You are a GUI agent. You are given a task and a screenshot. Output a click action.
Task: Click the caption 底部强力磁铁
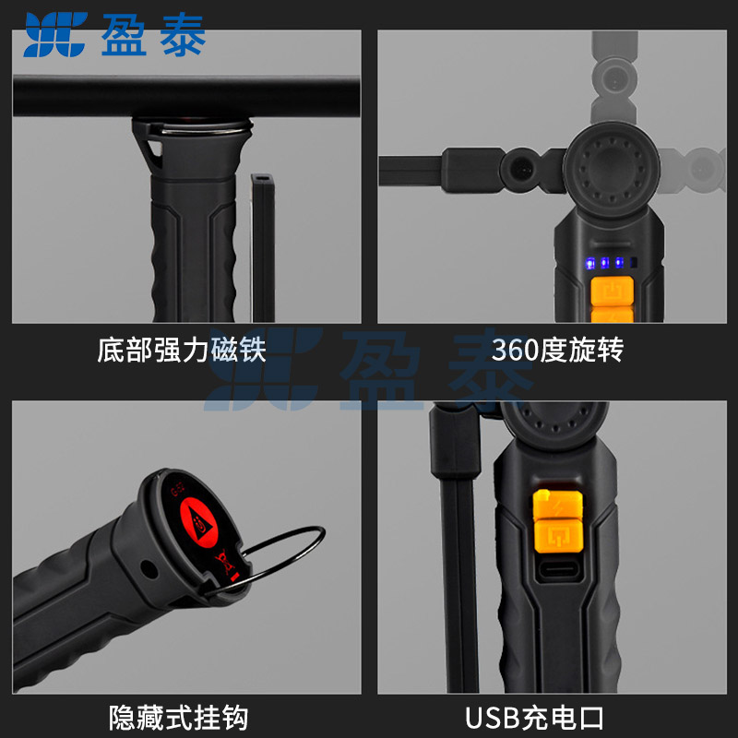(182, 350)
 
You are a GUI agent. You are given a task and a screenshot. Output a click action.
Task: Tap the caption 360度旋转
(557, 350)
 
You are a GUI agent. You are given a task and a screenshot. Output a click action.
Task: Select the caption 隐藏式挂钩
(178, 718)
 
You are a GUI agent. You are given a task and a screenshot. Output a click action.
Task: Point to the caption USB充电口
(534, 718)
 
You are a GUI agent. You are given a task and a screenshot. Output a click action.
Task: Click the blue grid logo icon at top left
(55, 34)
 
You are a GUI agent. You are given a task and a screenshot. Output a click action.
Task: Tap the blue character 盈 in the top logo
(124, 34)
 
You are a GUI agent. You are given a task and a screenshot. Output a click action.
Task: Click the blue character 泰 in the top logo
(183, 34)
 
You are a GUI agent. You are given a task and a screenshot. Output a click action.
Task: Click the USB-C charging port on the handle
(558, 569)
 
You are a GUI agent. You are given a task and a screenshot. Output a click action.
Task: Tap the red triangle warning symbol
(198, 522)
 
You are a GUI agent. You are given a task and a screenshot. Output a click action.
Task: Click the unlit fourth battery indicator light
(634, 262)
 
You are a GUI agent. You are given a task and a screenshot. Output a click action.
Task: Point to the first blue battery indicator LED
(590, 263)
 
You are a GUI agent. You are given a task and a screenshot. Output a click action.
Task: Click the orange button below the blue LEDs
(612, 291)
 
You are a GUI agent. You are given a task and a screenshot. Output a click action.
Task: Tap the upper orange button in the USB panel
(557, 505)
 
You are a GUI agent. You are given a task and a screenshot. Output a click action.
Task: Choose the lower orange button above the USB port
(559, 536)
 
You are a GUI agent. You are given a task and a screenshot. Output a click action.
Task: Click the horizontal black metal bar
(186, 96)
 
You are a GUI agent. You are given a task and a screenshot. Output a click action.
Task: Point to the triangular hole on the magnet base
(155, 150)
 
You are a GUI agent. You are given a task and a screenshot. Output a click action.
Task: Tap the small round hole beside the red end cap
(149, 569)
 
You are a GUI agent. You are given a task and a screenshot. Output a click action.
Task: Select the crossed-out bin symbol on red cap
(223, 562)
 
